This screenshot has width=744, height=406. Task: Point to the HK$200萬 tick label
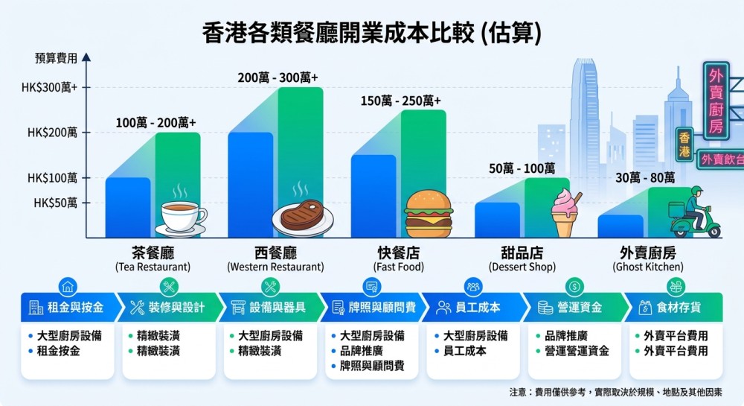tap(53, 133)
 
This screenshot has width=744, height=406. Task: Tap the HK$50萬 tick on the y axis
tap(53, 202)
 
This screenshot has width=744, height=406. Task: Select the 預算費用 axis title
tap(55, 57)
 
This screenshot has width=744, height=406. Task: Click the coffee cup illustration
tap(180, 217)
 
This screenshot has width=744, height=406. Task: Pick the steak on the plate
tap(298, 216)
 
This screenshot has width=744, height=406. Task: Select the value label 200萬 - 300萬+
tap(278, 77)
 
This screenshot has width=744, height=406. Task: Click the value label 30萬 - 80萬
tap(644, 177)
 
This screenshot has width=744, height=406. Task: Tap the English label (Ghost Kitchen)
tap(647, 267)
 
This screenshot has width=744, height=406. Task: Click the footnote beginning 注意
tap(615, 392)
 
